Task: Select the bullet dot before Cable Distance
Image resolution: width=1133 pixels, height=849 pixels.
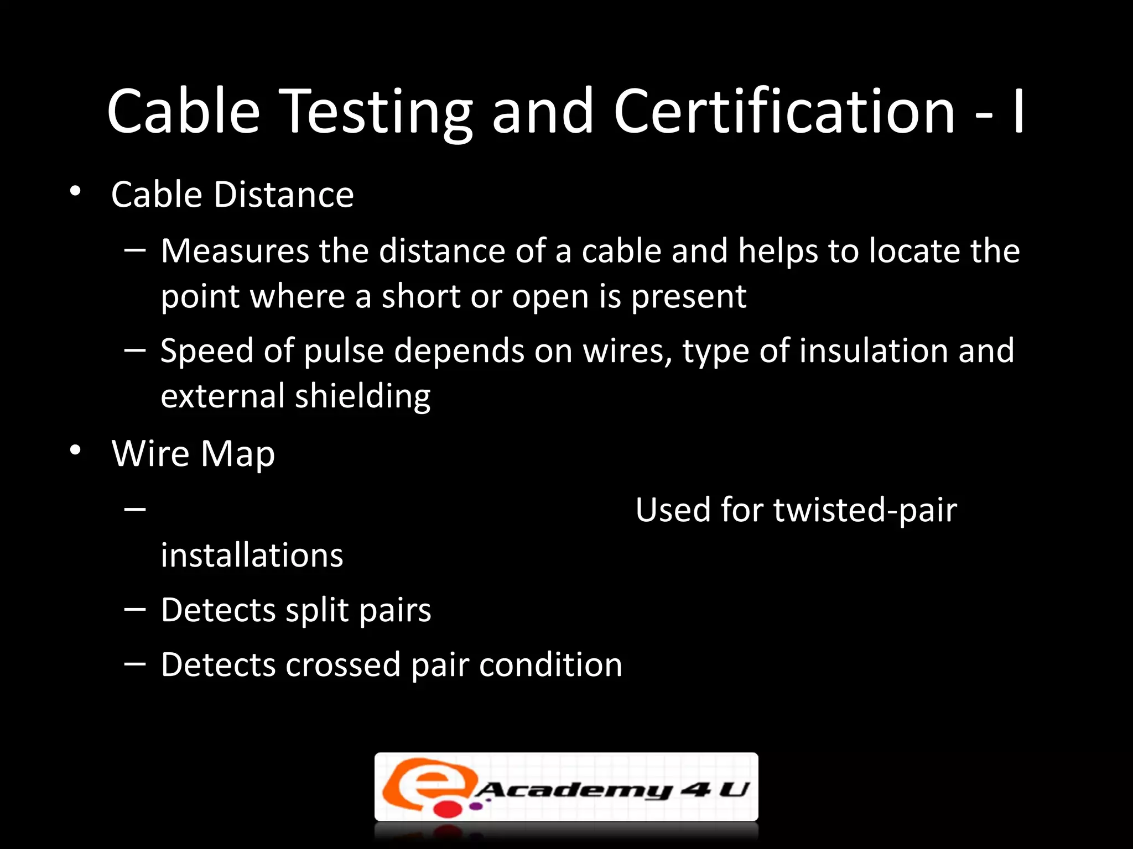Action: (75, 192)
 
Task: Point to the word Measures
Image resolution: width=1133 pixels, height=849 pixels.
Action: (235, 251)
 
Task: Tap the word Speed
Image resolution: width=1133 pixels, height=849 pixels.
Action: (206, 352)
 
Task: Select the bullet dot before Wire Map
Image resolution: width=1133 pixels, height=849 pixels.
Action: (75, 451)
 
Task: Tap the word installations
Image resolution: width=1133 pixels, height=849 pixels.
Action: (252, 555)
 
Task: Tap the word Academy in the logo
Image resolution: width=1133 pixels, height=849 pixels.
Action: (573, 790)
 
